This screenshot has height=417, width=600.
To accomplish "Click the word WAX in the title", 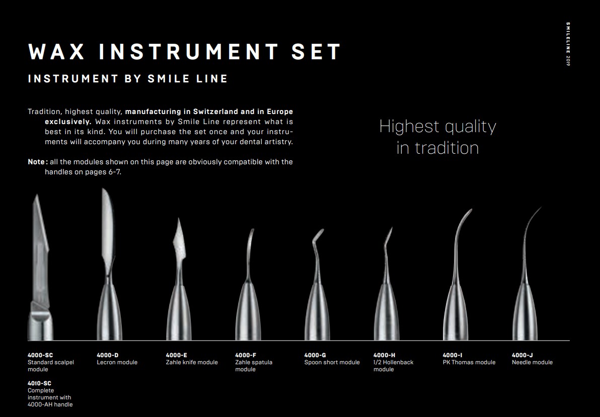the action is (56, 52).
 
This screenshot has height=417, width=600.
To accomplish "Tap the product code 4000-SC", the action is (40, 355).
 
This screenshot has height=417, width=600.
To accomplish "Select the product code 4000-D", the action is (108, 355).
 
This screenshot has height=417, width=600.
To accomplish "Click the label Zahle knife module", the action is (192, 362).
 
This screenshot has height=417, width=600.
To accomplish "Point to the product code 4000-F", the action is (246, 355).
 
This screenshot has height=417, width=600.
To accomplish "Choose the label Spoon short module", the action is (332, 362).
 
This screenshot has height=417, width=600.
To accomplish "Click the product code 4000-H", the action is (384, 355).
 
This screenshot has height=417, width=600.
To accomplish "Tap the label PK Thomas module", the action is (469, 362).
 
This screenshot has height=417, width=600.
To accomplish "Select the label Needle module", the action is (532, 362).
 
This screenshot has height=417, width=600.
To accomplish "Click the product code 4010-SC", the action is (39, 383).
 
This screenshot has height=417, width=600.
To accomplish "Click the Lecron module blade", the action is (108, 225).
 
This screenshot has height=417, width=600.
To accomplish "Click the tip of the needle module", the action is (541, 207).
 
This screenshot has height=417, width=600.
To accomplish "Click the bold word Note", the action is (36, 162).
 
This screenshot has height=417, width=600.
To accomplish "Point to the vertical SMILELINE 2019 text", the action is (568, 44).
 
